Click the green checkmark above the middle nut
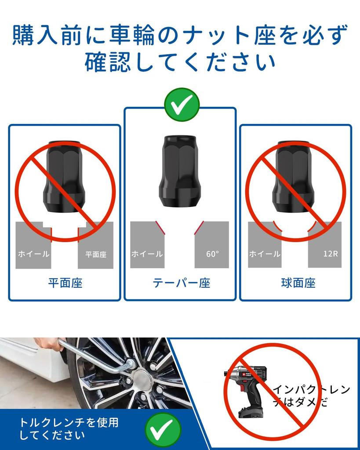[x=182, y=105]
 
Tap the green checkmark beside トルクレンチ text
[x=164, y=429]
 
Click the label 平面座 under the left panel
[x=65, y=283]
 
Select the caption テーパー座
[x=181, y=283]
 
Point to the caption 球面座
[x=298, y=283]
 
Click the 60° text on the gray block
[x=212, y=254]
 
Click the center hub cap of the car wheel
[x=142, y=377]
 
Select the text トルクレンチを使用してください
[x=69, y=429]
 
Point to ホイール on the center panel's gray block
[x=147, y=254]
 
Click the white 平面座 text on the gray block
[x=96, y=254]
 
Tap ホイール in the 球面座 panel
[x=265, y=254]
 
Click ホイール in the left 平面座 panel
[x=33, y=254]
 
